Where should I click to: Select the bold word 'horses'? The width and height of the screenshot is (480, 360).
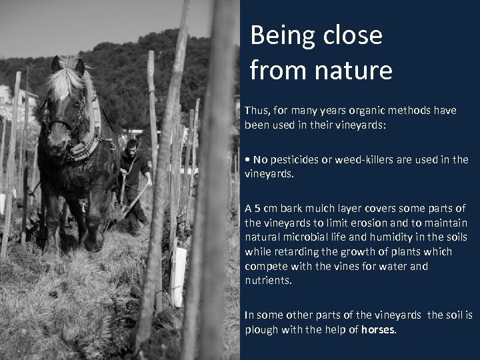pos(378,329)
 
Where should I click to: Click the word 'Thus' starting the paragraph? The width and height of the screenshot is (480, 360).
pos(257,111)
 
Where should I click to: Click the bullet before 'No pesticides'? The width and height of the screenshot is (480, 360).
pos(247,160)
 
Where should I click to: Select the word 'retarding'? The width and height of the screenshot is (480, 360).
pos(297,252)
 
